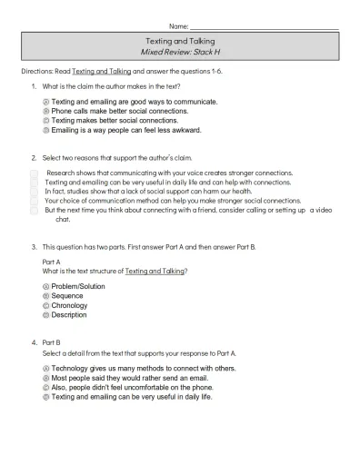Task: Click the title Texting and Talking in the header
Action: tap(180, 43)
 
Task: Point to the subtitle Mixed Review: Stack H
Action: tap(180, 54)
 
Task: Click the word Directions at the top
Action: tap(37, 70)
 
